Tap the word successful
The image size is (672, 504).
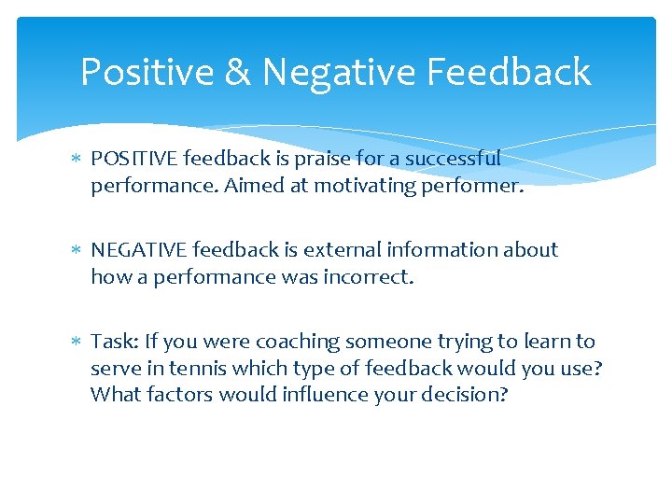click(x=452, y=159)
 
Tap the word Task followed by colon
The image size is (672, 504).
click(x=111, y=342)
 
